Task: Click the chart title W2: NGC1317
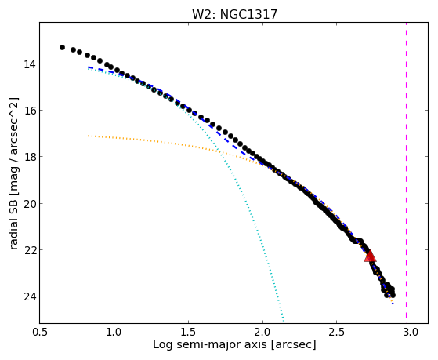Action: point(234,15)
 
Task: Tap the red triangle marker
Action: point(370,256)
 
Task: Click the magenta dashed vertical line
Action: point(406,173)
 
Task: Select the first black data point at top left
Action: point(62,48)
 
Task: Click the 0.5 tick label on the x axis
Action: point(40,332)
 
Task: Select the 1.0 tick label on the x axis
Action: point(114,332)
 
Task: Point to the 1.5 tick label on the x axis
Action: point(189,332)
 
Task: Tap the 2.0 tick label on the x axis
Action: point(262,332)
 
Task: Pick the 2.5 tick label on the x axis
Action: point(337,332)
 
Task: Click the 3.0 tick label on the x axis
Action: point(411,332)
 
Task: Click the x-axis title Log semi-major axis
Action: point(210,345)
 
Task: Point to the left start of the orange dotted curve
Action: point(89,136)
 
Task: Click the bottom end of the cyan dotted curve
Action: point(284,321)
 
